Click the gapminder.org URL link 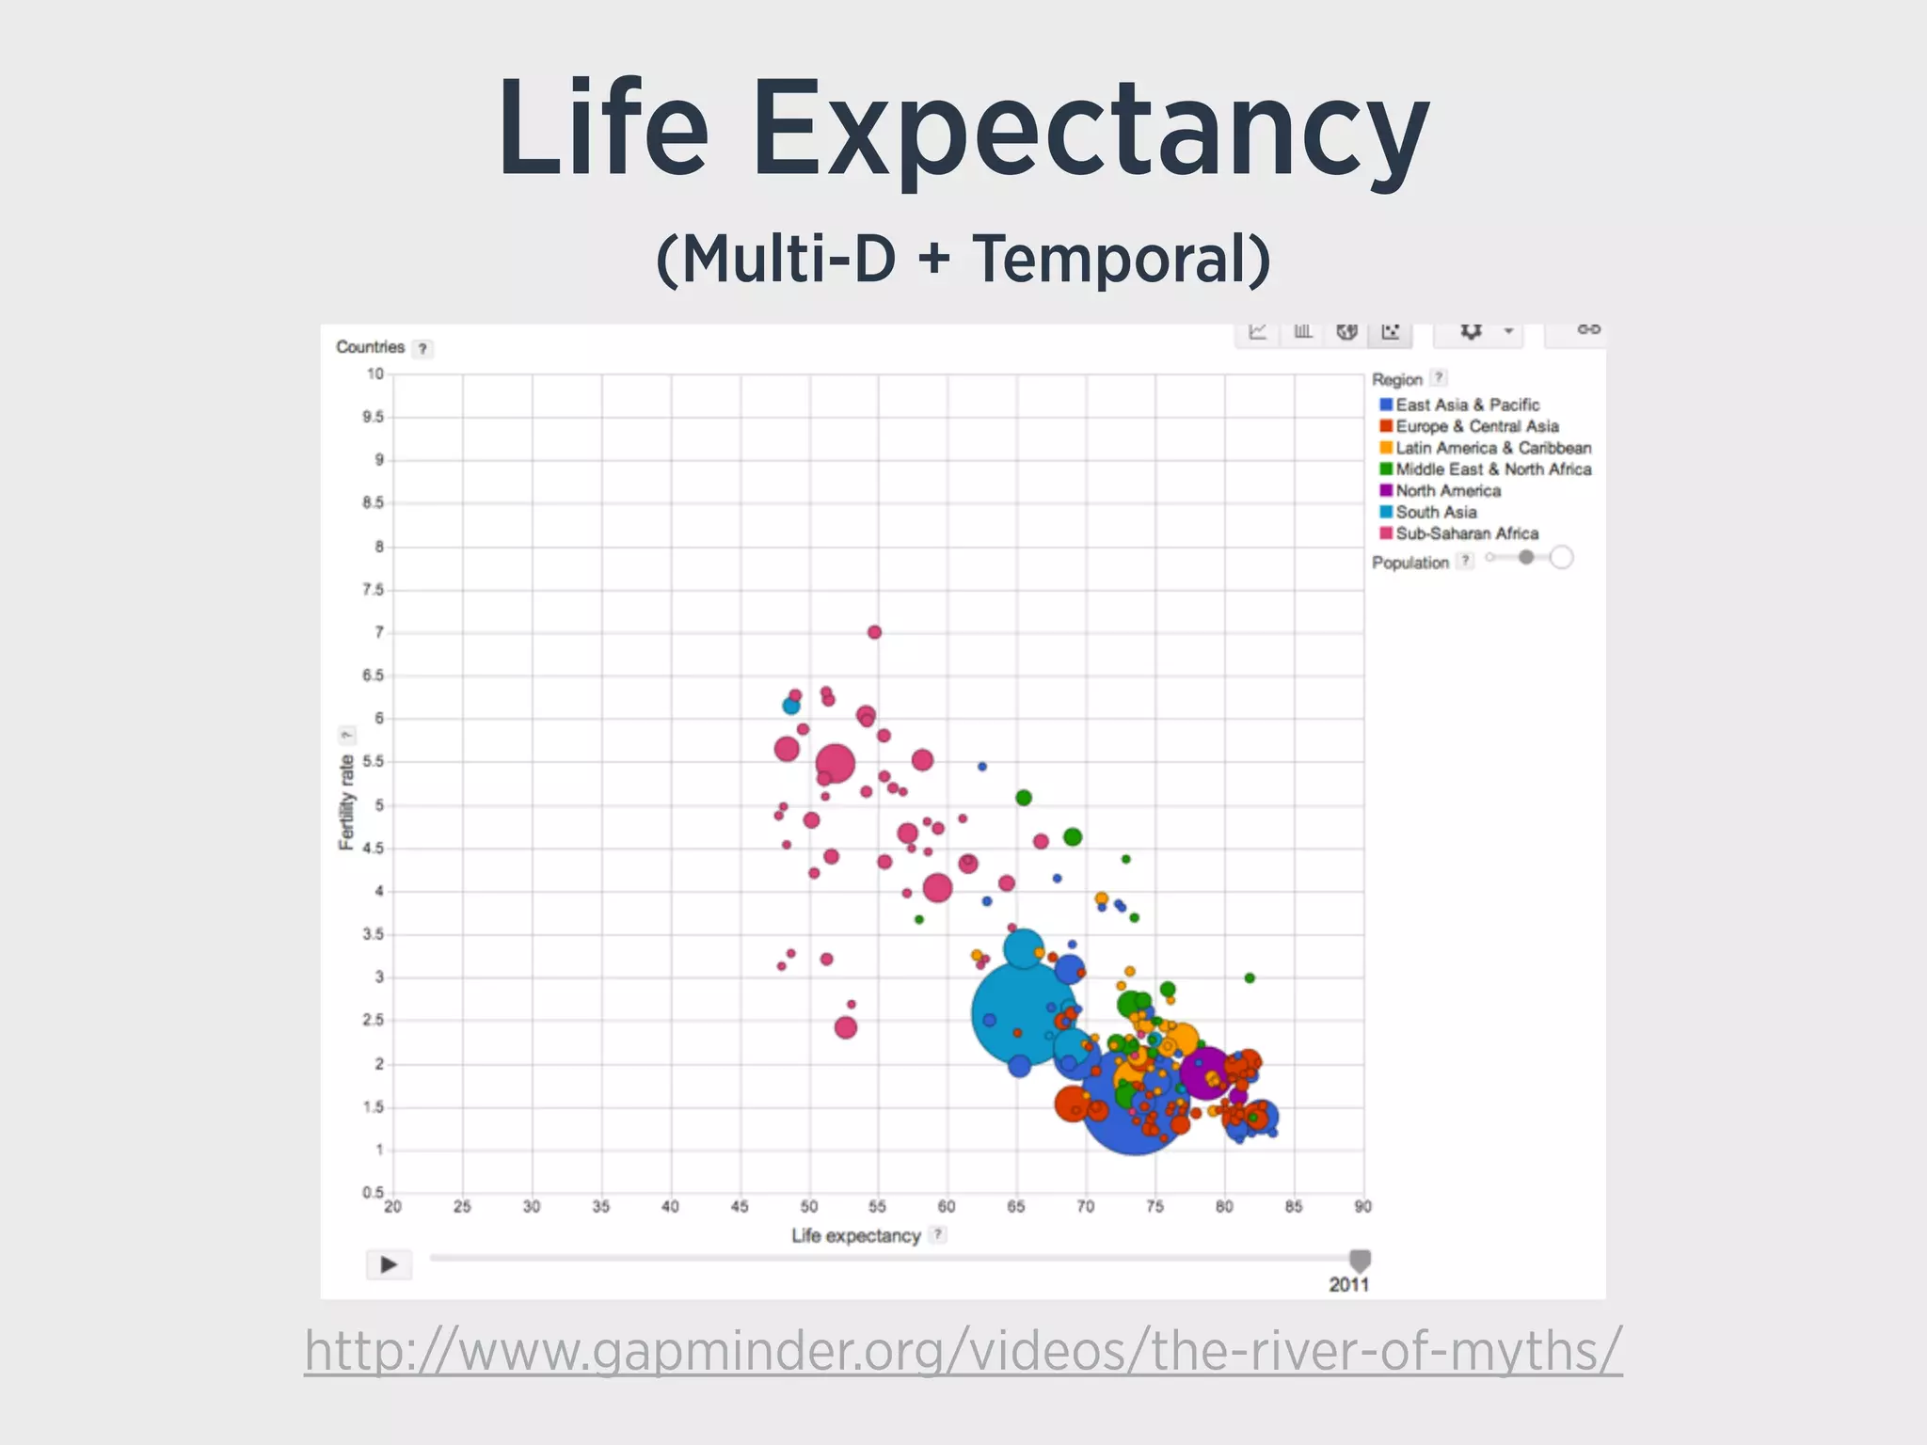pyautogui.click(x=963, y=1351)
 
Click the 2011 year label pyautogui.click(x=1348, y=1285)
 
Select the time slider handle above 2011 pyautogui.click(x=1360, y=1261)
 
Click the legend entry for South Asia pyautogui.click(x=1436, y=512)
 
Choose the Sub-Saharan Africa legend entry pyautogui.click(x=1466, y=533)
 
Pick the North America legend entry pyautogui.click(x=1447, y=490)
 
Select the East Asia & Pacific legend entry pyautogui.click(x=1466, y=405)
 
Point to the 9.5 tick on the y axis pyautogui.click(x=373, y=417)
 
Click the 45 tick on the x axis pyautogui.click(x=740, y=1207)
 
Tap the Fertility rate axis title pyautogui.click(x=347, y=802)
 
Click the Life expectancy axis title pyautogui.click(x=855, y=1236)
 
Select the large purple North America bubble pyautogui.click(x=1205, y=1072)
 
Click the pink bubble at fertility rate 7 pyautogui.click(x=874, y=632)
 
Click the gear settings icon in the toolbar pyautogui.click(x=1471, y=331)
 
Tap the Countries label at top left pyautogui.click(x=370, y=347)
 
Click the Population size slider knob pyautogui.click(x=1526, y=558)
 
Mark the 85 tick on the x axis pyautogui.click(x=1294, y=1207)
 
